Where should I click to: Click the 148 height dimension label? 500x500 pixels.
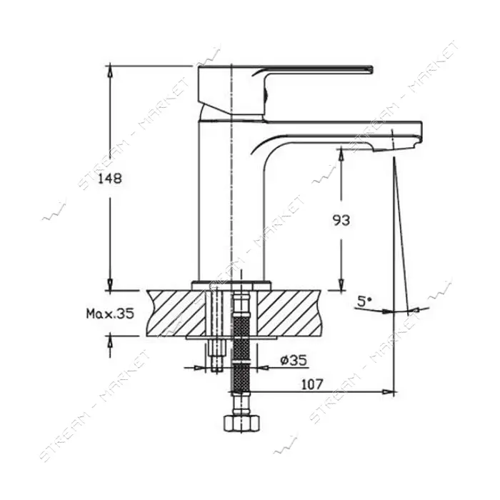pyautogui.click(x=110, y=179)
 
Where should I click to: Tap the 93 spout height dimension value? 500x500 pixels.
pyautogui.click(x=341, y=220)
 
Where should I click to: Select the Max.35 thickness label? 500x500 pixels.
pyautogui.click(x=110, y=314)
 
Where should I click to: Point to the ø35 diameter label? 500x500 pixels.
pyautogui.click(x=294, y=361)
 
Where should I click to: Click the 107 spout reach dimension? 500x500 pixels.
pyautogui.click(x=312, y=384)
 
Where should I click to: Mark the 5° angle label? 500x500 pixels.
pyautogui.click(x=364, y=301)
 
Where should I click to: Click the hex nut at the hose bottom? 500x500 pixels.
pyautogui.click(x=241, y=423)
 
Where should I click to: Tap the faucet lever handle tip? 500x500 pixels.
pyautogui.click(x=371, y=69)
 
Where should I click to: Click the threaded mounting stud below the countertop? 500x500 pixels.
pyautogui.click(x=217, y=355)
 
